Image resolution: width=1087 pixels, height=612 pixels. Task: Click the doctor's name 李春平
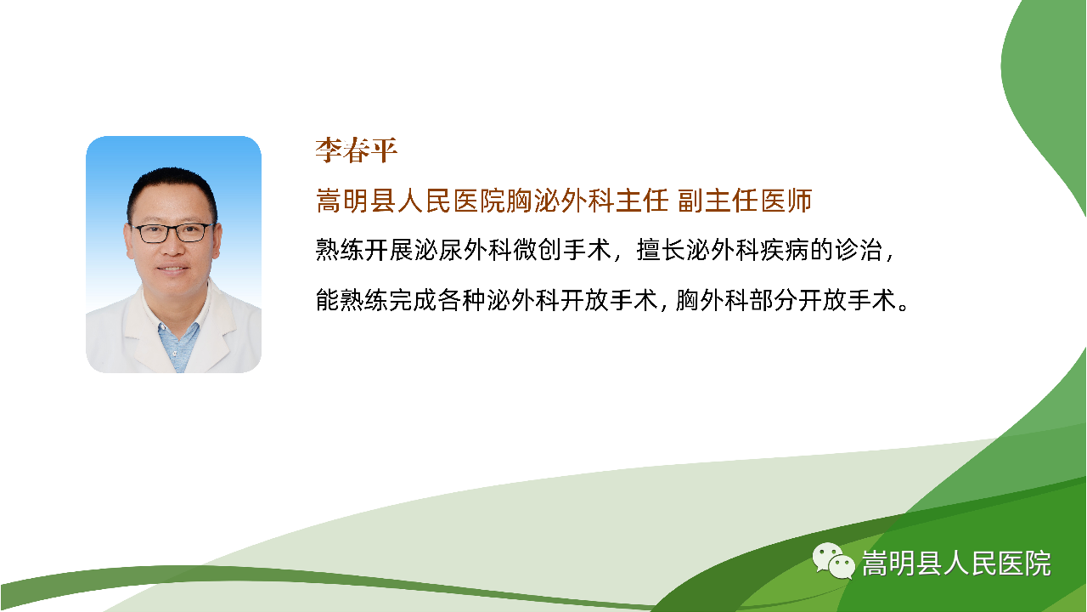[x=357, y=150]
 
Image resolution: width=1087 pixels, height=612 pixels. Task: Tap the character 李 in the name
[x=329, y=150]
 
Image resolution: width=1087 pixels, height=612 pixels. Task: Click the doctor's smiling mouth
[x=172, y=269]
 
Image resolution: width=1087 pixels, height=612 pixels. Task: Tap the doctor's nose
[x=172, y=246]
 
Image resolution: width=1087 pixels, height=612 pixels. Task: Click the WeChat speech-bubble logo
[x=833, y=560]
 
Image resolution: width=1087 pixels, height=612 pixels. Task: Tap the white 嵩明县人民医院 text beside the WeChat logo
[x=956, y=564]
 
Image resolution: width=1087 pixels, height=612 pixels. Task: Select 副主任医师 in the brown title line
[x=745, y=201]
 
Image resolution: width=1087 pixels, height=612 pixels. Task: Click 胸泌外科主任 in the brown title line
[x=587, y=201]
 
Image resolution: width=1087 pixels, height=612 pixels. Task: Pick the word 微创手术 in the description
[x=562, y=250]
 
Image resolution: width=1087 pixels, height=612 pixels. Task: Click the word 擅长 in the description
[x=661, y=250]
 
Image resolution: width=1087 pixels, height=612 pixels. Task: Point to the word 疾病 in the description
[x=784, y=250]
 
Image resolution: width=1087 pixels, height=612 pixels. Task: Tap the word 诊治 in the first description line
[x=858, y=250]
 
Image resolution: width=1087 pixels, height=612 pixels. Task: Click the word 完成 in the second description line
[x=414, y=300]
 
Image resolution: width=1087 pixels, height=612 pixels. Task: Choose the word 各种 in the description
[x=463, y=300]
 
